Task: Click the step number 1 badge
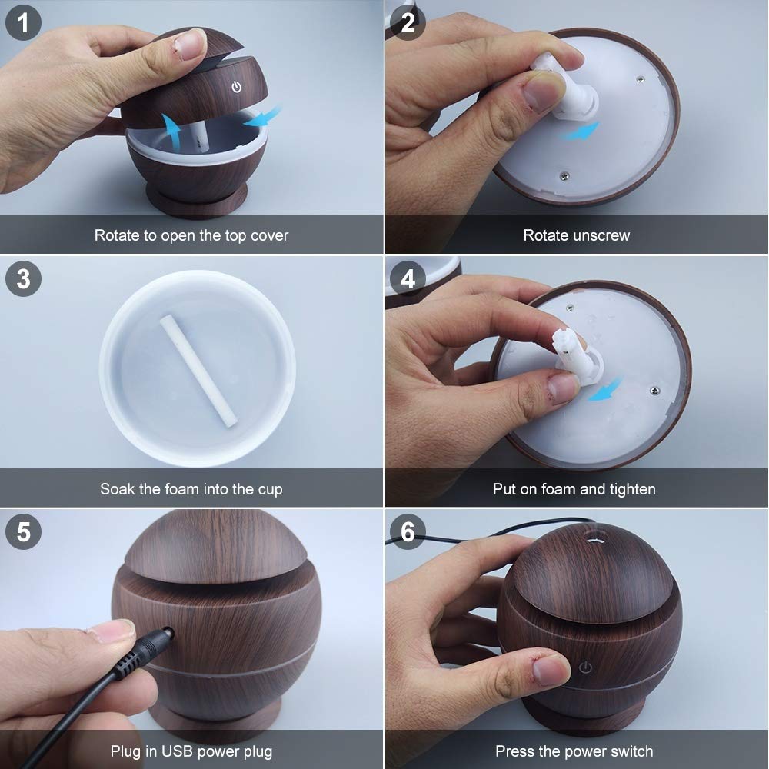[x=24, y=24]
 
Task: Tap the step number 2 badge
[x=408, y=24]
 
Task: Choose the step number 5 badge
[x=24, y=532]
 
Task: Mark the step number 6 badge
[x=408, y=532]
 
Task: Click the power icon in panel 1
[x=237, y=86]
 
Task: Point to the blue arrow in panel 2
[x=580, y=132]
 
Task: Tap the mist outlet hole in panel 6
[x=594, y=538]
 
